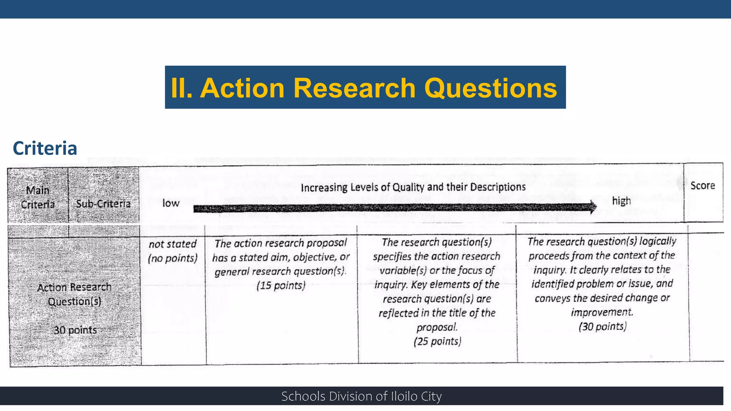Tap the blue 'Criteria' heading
click(x=45, y=148)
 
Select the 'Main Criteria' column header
click(x=38, y=197)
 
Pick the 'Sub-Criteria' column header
click(x=103, y=204)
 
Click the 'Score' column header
click(x=702, y=186)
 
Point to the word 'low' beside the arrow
click(x=171, y=203)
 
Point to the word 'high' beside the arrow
click(x=621, y=201)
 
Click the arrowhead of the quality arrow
click(x=593, y=207)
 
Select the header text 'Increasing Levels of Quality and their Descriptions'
click(x=413, y=187)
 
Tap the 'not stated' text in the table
click(x=172, y=244)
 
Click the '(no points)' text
click(x=172, y=258)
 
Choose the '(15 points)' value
click(x=281, y=286)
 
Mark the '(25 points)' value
click(x=437, y=341)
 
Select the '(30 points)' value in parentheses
click(x=603, y=326)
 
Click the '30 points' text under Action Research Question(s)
click(x=75, y=330)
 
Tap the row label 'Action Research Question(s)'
click(x=74, y=294)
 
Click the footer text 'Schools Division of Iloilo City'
click(x=361, y=396)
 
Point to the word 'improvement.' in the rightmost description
click(x=602, y=312)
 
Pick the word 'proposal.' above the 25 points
click(x=437, y=327)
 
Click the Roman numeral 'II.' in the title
click(x=182, y=88)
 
